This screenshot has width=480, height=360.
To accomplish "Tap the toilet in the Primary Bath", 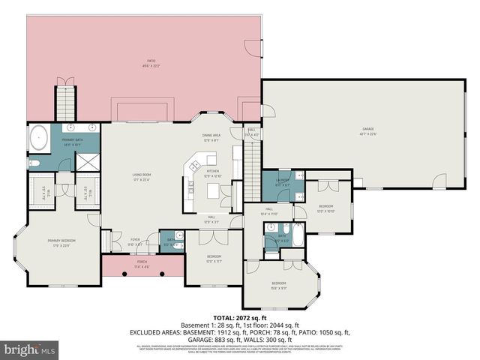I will tap(34, 163).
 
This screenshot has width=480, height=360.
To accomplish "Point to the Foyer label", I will tap(136, 241).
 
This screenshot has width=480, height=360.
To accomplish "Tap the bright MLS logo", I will tap(30, 349).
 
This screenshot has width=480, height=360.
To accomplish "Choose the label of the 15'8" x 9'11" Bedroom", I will tap(278, 285).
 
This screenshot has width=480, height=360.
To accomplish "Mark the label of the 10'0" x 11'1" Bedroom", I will tap(213, 259).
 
